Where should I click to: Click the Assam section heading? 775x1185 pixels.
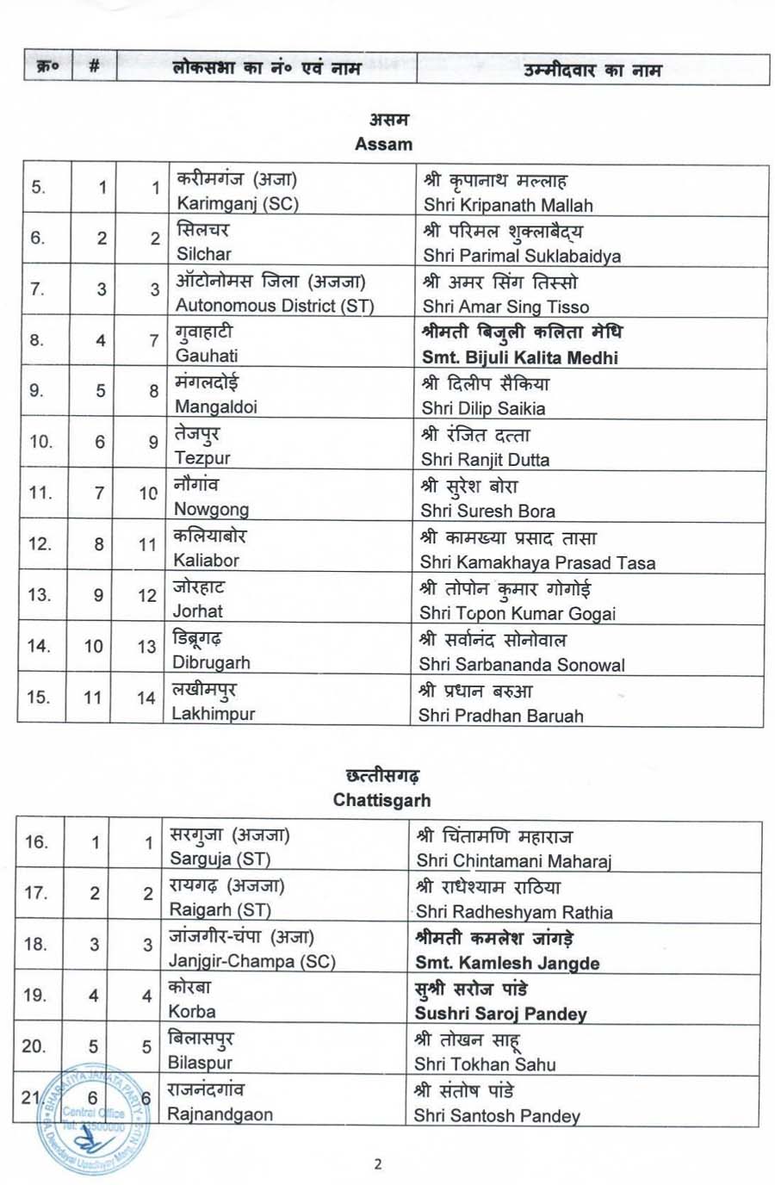pyautogui.click(x=384, y=144)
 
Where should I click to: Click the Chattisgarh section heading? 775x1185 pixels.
pyautogui.click(x=381, y=800)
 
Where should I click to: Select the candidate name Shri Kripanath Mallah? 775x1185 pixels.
pyautogui.click(x=508, y=205)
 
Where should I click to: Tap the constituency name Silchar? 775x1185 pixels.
pyautogui.click(x=204, y=254)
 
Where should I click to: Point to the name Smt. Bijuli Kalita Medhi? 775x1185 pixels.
pyautogui.click(x=520, y=357)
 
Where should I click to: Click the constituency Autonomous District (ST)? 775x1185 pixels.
pyautogui.click(x=275, y=305)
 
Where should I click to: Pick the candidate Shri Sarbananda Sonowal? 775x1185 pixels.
pyautogui.click(x=522, y=665)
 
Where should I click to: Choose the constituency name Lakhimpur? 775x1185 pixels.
pyautogui.click(x=214, y=713)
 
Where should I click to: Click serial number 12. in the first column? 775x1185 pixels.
pyautogui.click(x=40, y=543)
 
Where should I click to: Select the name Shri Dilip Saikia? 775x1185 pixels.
pyautogui.click(x=483, y=408)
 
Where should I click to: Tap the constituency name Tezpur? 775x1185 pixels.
pyautogui.click(x=202, y=458)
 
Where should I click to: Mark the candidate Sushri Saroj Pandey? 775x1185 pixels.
pyautogui.click(x=500, y=1014)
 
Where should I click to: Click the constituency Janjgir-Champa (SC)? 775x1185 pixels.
pyautogui.click(x=251, y=961)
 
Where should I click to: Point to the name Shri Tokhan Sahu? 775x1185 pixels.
pyautogui.click(x=485, y=1064)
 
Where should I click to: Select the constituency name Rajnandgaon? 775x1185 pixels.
pyautogui.click(x=220, y=1114)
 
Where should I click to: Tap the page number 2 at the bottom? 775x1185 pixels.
pyautogui.click(x=378, y=1164)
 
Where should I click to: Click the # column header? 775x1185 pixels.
pyautogui.click(x=94, y=67)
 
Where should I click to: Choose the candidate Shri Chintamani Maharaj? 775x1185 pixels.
pyautogui.click(x=513, y=860)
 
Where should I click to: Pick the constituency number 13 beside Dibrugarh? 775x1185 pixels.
pyautogui.click(x=146, y=647)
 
